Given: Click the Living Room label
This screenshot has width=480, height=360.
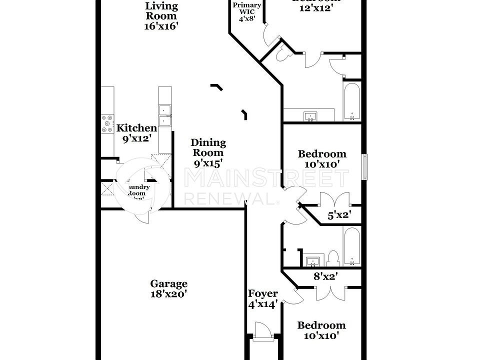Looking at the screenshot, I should click(161, 16).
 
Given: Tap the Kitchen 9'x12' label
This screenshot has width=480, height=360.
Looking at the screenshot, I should click(136, 133).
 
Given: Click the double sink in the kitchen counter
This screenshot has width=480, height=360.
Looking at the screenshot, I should click(164, 115).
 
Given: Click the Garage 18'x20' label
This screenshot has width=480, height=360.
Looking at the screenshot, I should click(169, 289).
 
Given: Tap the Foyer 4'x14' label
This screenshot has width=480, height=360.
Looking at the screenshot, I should click(262, 299).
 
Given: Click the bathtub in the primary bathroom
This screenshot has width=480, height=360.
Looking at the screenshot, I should click(351, 102).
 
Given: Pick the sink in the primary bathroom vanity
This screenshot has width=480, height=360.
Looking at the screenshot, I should click(311, 117).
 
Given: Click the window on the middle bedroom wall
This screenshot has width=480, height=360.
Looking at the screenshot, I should click(365, 166).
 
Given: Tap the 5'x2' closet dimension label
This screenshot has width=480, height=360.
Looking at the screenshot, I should click(339, 215).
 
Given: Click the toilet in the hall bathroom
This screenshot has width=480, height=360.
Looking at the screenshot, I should click(333, 258).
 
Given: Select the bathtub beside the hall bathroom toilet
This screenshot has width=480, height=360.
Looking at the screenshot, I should click(351, 246).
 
